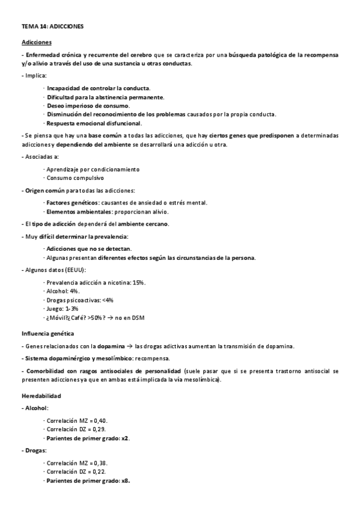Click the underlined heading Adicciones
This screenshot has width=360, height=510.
click(x=36, y=42)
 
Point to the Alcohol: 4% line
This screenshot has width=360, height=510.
click(x=63, y=290)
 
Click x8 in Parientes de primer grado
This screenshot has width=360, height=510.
click(x=125, y=481)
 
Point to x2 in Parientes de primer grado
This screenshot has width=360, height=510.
click(x=125, y=438)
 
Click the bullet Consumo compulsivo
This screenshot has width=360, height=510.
click(x=75, y=178)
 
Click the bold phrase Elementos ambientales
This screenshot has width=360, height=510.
click(x=79, y=212)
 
